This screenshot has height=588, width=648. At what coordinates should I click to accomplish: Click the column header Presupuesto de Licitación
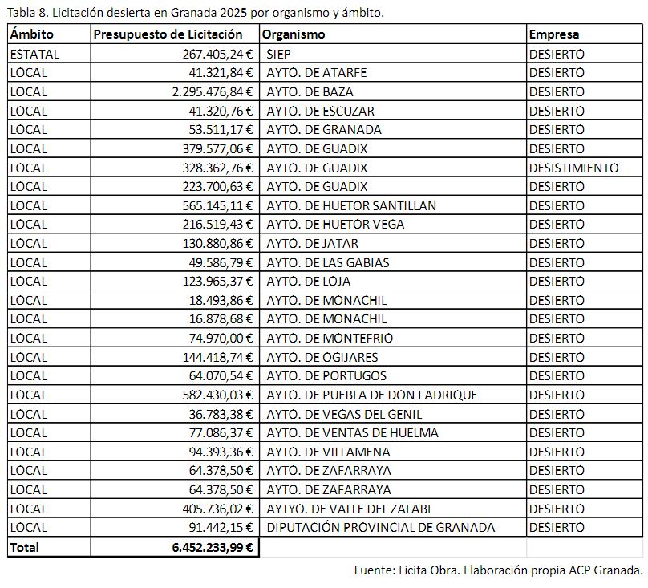168,34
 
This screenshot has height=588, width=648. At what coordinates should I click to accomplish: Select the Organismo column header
294,34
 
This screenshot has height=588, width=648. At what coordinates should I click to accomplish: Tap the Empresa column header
553,34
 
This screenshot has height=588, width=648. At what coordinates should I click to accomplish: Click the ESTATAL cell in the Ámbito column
34,54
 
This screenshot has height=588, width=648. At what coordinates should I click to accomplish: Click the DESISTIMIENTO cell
573,168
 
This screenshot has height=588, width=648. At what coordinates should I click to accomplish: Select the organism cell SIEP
278,54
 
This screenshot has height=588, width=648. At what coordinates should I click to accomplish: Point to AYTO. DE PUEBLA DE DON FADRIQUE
371,395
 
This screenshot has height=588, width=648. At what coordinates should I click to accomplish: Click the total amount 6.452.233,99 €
213,547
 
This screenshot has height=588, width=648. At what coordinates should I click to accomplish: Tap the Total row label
24,547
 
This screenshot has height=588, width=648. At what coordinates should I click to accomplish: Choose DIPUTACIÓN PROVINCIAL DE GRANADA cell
380,527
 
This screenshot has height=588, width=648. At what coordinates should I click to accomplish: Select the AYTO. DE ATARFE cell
316,72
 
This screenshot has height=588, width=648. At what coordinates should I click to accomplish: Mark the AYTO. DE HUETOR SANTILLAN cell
351,205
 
